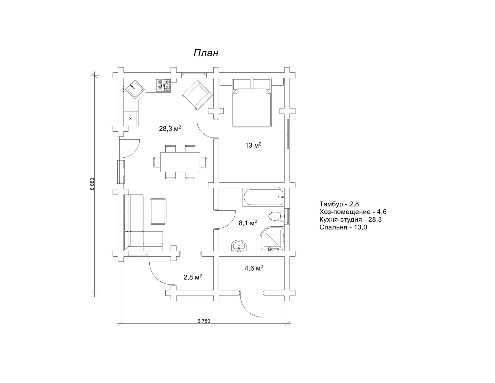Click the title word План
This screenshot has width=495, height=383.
point(206,53)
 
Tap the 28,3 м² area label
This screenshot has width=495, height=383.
point(170,128)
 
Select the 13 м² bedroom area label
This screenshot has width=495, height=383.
point(253,145)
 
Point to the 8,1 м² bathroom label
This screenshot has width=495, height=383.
point(248,222)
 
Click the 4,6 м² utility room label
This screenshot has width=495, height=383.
point(254,268)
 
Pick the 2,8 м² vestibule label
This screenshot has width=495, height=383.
point(193,277)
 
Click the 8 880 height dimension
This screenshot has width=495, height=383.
point(92,184)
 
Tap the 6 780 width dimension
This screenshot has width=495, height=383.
point(204,321)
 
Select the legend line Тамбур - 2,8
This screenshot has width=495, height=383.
point(339,204)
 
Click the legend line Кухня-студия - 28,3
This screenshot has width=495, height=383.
point(350,219)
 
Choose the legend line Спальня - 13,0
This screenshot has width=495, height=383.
point(343,227)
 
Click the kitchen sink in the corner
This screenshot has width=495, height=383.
point(135,89)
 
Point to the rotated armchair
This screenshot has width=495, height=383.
point(197,94)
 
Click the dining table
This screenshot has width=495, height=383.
point(180,162)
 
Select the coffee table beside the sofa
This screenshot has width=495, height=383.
point(158,211)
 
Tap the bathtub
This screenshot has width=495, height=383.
point(264,197)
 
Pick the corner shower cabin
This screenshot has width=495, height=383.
point(272,239)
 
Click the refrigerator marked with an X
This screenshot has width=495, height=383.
point(131,118)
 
